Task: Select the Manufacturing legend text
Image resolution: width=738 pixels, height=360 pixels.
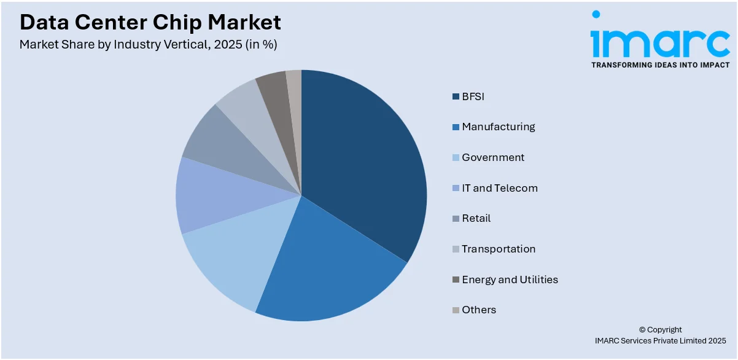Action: [x=498, y=127]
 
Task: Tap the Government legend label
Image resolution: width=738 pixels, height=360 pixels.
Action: [x=493, y=157]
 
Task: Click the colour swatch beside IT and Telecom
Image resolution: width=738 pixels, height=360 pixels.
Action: [x=456, y=188]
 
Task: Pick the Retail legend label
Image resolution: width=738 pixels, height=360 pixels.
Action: [x=476, y=218]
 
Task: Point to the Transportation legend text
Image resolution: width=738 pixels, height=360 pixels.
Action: [x=499, y=249]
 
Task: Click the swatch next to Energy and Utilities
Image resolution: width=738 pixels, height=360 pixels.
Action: [x=456, y=280]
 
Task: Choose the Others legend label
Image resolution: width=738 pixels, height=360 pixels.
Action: [x=479, y=310]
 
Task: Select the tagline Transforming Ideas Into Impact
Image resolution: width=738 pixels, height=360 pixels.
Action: [x=660, y=65]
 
